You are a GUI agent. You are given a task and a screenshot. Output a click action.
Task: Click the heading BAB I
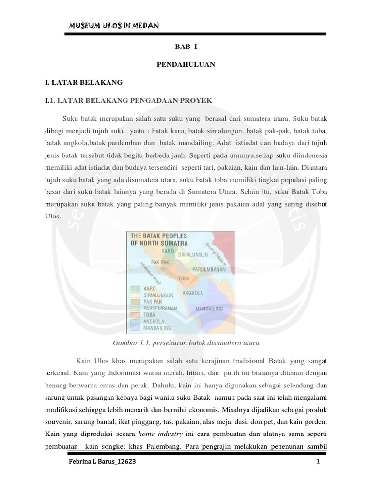[x=186, y=47]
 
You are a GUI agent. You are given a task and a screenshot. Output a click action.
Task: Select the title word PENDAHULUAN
[x=186, y=64]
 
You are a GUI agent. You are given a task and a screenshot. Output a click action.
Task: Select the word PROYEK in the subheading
[x=196, y=100]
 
